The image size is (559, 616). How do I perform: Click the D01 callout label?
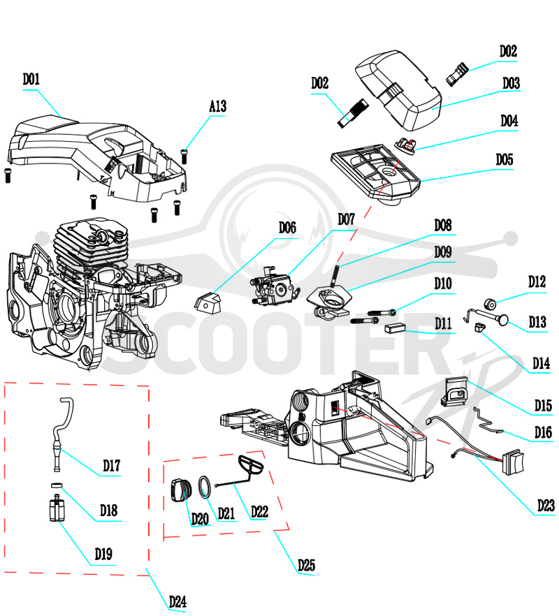point(31,80)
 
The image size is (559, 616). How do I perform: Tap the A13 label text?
point(217,106)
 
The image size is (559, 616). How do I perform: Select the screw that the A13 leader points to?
point(184,156)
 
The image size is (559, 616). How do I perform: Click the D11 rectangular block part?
point(394,328)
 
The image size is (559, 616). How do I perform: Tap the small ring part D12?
point(490,304)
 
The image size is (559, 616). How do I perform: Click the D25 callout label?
point(306,565)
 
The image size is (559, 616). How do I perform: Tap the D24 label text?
point(177,602)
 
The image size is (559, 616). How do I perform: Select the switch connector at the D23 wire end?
point(513,463)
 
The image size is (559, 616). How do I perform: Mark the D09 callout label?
point(443,252)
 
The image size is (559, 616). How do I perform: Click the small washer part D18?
point(57,485)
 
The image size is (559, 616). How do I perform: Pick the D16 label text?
point(543,432)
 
